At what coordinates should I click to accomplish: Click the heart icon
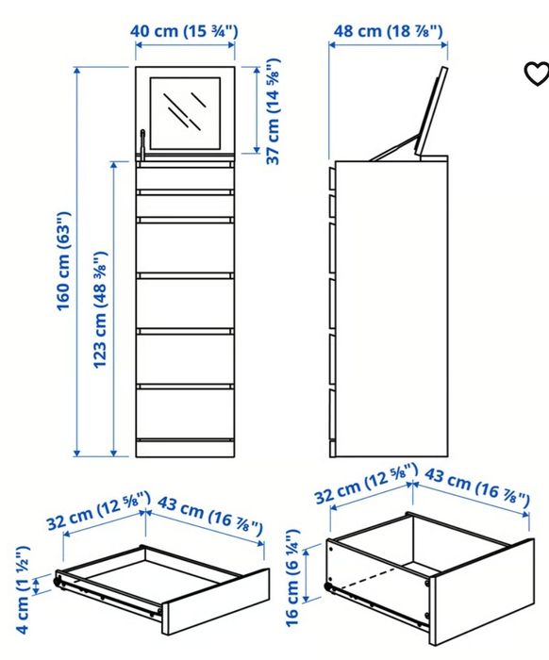pos(535,74)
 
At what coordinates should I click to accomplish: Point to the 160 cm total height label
pos(64,261)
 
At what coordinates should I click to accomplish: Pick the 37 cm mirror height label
pos(274,110)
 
